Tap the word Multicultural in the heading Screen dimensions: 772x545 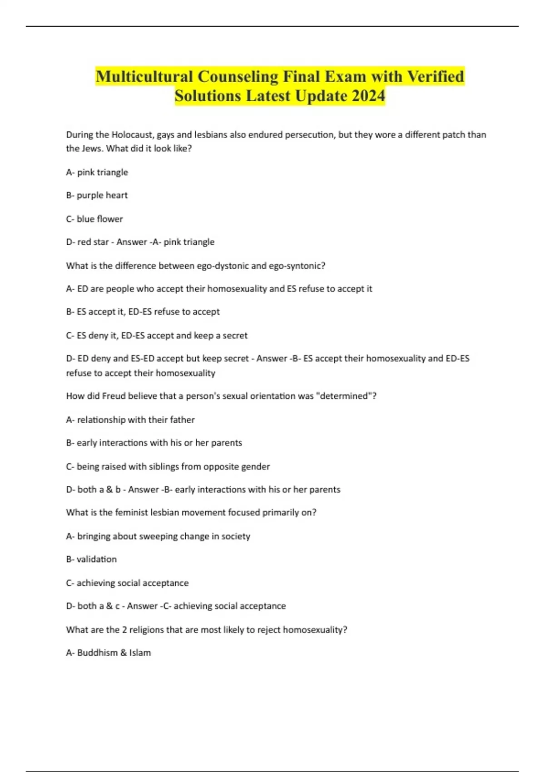tap(144, 76)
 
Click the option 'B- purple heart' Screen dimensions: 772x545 tap(97, 195)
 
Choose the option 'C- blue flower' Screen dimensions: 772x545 tap(94, 219)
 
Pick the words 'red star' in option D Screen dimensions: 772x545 tap(93, 242)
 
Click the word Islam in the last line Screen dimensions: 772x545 tap(140, 653)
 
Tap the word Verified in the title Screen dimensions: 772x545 tap(435, 76)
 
